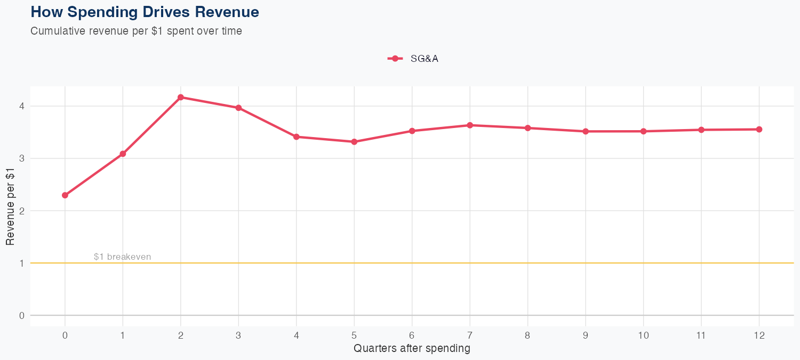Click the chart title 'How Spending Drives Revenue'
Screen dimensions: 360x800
point(145,12)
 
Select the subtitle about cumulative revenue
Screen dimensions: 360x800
point(136,31)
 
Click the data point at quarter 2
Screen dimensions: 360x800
point(181,97)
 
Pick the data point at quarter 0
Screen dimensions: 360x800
point(65,195)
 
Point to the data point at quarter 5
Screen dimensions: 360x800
point(354,142)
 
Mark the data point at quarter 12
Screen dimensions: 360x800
point(759,129)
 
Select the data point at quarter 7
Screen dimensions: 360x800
point(470,125)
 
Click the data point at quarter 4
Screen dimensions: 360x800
point(297,137)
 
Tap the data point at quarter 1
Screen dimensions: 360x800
point(123,154)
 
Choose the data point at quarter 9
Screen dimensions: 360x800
point(586,131)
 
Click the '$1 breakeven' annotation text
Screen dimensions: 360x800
point(122,257)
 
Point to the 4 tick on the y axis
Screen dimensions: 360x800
point(22,106)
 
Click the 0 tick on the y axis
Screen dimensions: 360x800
point(22,315)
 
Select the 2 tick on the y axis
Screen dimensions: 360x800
point(22,211)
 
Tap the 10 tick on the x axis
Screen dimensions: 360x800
point(643,335)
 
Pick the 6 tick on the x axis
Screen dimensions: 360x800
point(412,335)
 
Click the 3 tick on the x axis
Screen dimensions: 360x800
point(238,335)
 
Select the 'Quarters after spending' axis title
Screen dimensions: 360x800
point(412,349)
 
